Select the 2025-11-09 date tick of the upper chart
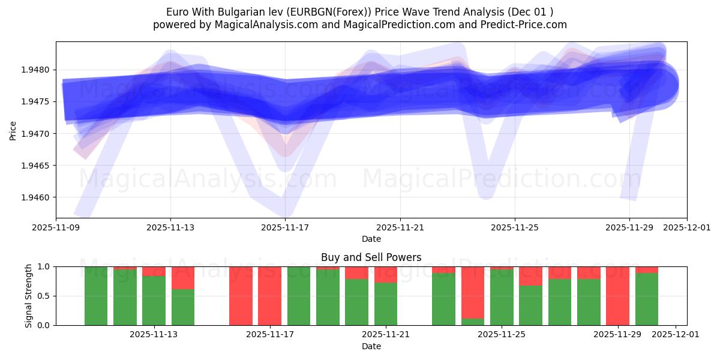click(56, 227)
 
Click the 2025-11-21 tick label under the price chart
click(400, 227)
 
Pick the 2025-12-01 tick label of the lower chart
click(676, 335)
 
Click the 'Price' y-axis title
click(13, 130)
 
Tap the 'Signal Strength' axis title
click(28, 296)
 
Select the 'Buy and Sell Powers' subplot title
click(371, 257)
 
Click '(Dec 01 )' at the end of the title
click(530, 12)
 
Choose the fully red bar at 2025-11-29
click(617, 296)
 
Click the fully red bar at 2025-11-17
click(269, 296)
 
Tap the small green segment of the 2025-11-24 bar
click(473, 322)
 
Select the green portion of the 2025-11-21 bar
click(386, 304)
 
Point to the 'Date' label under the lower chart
click(371, 346)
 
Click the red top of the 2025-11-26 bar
click(530, 276)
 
